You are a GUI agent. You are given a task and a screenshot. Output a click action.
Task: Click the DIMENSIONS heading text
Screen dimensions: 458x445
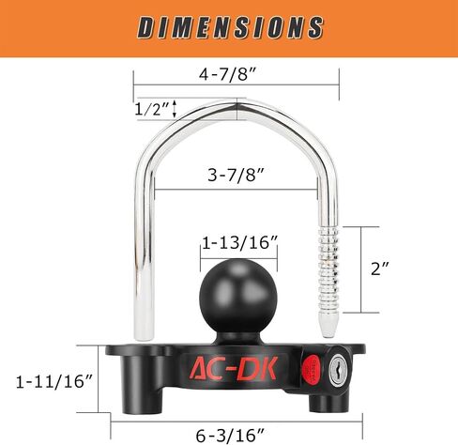coord(230,27)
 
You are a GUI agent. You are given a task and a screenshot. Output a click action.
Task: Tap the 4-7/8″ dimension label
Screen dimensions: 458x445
coord(228,75)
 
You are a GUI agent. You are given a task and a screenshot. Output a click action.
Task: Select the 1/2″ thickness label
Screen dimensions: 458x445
coord(151,109)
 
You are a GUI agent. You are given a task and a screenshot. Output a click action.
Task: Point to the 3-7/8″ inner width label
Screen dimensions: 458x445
coord(237,175)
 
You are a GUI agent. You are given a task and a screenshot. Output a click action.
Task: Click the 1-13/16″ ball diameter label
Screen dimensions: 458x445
coord(240,243)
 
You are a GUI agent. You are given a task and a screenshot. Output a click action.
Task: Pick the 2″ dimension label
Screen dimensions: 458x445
coord(380,269)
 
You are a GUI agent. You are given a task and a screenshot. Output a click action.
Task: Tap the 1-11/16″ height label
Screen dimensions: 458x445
coord(54,382)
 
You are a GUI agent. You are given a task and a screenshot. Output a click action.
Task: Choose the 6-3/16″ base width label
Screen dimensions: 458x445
coord(230,435)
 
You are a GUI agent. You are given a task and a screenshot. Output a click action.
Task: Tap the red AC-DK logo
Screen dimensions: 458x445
coord(234,368)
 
